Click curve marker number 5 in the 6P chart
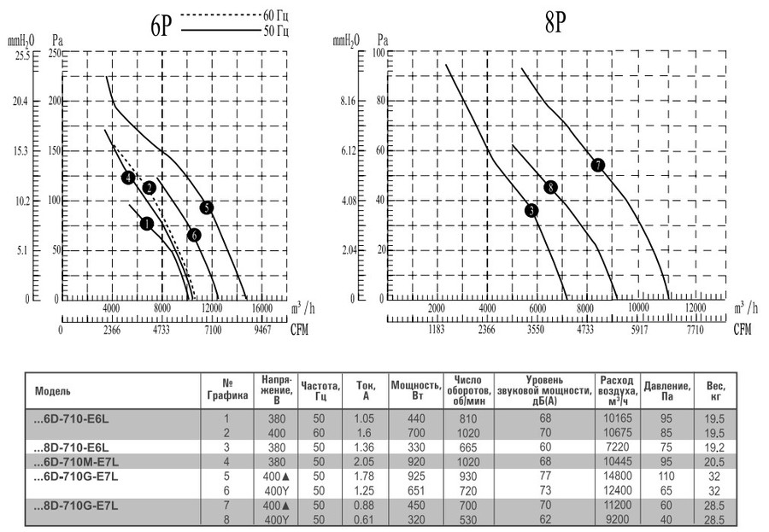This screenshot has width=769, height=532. pos(206,208)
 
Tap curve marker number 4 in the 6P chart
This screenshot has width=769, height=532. pos(128,178)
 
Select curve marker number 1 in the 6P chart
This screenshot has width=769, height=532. pos(146,224)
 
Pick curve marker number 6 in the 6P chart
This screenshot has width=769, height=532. pos(194,235)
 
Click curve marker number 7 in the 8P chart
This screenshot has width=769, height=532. pos(597,165)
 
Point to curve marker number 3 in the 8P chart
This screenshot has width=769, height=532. pos(531,211)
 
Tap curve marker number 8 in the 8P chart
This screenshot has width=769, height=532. pos(550,187)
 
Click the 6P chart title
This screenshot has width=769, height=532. pos(161,26)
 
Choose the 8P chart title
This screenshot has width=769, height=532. pos(555,23)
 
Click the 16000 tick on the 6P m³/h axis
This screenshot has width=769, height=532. pos(261,308)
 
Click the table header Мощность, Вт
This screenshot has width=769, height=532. pos(415,389)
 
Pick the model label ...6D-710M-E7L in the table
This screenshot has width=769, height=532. pos(77,461)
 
